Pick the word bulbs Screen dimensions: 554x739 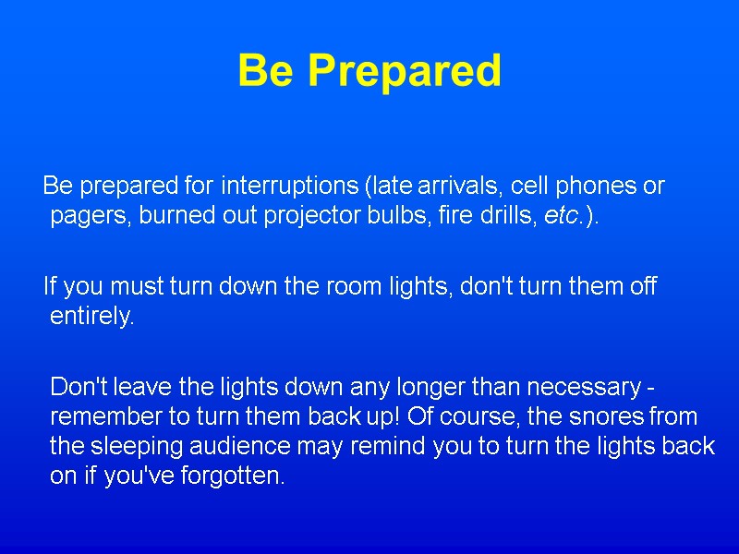387,217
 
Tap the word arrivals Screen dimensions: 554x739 457,186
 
